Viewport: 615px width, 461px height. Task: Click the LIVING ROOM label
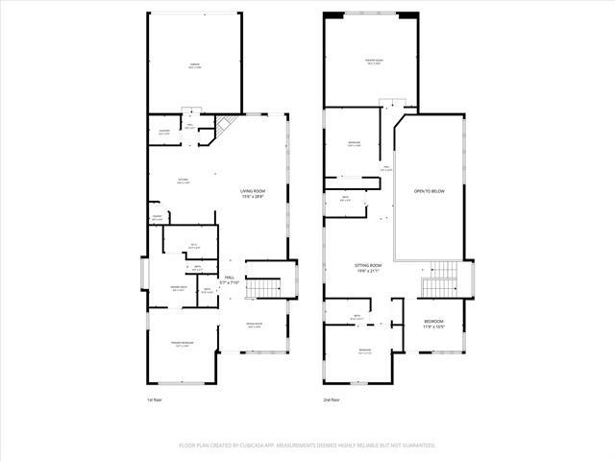253,191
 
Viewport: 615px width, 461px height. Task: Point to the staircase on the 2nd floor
442,279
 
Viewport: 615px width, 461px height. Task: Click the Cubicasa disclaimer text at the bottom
307,446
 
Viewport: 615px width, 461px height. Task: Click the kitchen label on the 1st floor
183,181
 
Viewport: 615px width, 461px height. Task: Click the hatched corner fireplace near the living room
223,125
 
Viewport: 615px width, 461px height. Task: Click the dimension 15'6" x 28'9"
253,197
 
